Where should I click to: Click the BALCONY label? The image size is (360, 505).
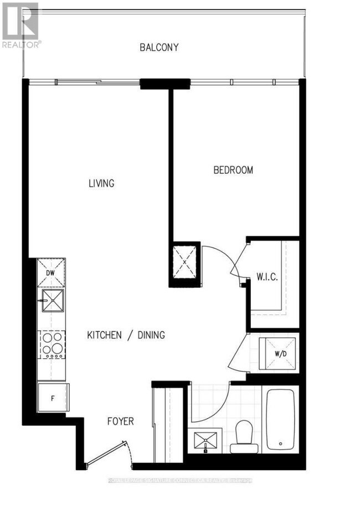coord(159,47)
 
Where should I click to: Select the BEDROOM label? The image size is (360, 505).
coord(233,170)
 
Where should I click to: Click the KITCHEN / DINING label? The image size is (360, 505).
coord(126,335)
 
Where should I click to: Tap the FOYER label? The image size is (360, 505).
coord(120,421)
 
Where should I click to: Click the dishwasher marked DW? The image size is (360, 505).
coord(52,272)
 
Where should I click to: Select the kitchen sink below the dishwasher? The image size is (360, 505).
coord(52,301)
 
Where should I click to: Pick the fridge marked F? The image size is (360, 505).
coord(52,397)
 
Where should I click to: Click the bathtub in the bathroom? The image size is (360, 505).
coord(282,420)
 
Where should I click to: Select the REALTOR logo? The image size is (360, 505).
coord(20,25)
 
